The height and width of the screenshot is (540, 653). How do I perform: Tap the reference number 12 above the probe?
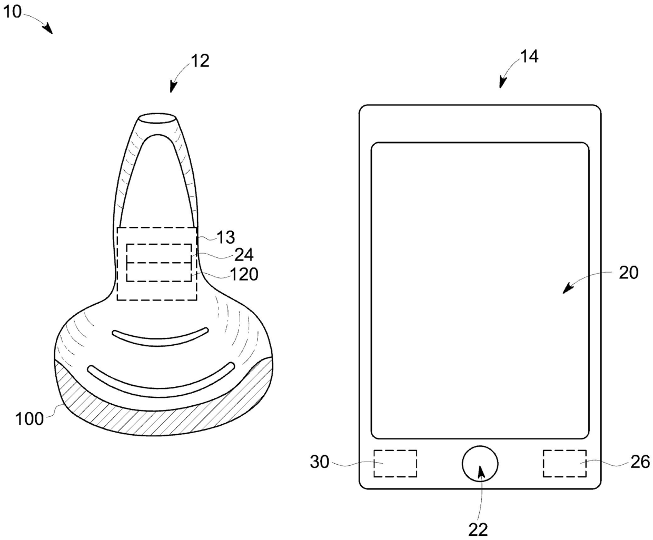pos(200,61)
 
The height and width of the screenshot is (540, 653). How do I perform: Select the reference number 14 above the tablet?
pos(529,56)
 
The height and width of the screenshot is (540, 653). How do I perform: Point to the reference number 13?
pos(225,238)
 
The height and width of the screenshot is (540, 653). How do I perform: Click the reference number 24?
pos(243,255)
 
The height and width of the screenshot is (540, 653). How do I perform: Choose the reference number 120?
pos(244,274)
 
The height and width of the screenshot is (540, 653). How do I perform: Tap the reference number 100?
pos(29,419)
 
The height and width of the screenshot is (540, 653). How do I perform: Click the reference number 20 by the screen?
pos(628,273)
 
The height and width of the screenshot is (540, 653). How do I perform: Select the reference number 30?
pos(320,462)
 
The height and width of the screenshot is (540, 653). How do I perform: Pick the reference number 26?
pos(640,462)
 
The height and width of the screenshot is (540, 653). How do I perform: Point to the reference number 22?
pos(478,529)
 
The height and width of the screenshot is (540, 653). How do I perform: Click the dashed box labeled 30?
pos(395,463)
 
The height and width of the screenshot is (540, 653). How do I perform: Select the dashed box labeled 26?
pos(565,463)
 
